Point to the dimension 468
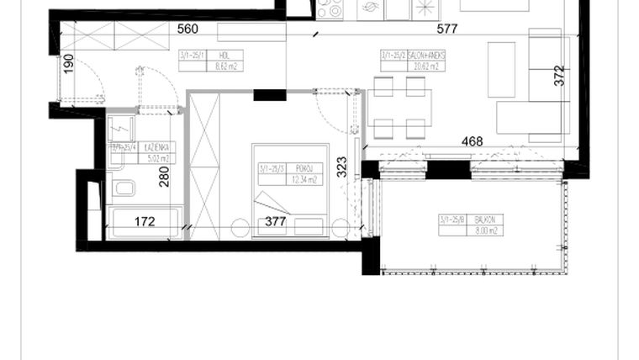click(x=472, y=141)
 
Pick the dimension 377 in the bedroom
click(x=276, y=223)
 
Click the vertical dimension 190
click(x=69, y=65)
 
